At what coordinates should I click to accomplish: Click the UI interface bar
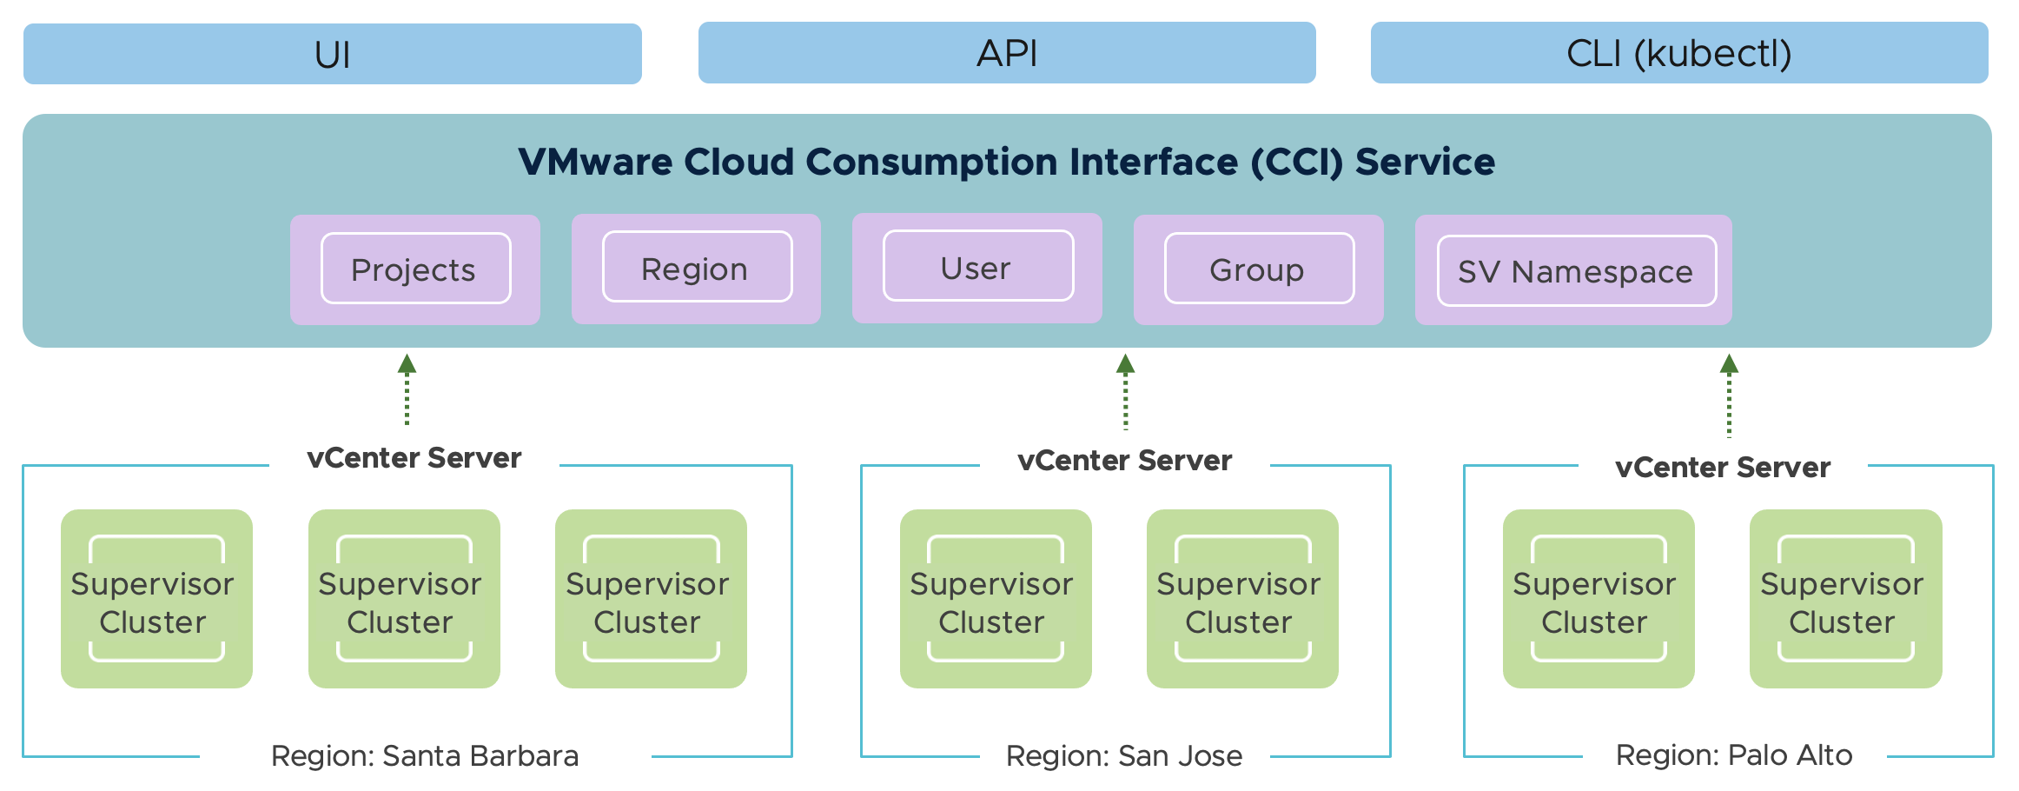(x=332, y=54)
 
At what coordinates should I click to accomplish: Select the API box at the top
(x=1006, y=53)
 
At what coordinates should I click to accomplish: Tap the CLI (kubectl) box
(x=1678, y=53)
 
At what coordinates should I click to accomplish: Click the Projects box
(x=415, y=269)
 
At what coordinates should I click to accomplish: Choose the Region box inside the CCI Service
(x=696, y=269)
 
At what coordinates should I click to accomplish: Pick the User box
(x=977, y=268)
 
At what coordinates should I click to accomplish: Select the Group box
(x=1258, y=269)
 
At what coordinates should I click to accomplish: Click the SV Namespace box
(x=1575, y=271)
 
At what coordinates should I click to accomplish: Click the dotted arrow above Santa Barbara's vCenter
(x=407, y=390)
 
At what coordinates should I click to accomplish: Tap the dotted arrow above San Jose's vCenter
(x=1125, y=392)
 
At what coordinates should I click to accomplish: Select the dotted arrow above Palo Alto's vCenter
(x=1729, y=395)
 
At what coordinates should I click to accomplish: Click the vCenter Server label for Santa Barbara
(x=414, y=458)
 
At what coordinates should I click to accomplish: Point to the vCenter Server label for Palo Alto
(x=1723, y=468)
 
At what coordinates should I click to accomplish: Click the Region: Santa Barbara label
(x=425, y=755)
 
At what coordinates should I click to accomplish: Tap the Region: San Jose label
(x=1124, y=755)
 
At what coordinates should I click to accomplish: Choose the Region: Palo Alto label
(x=1734, y=754)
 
